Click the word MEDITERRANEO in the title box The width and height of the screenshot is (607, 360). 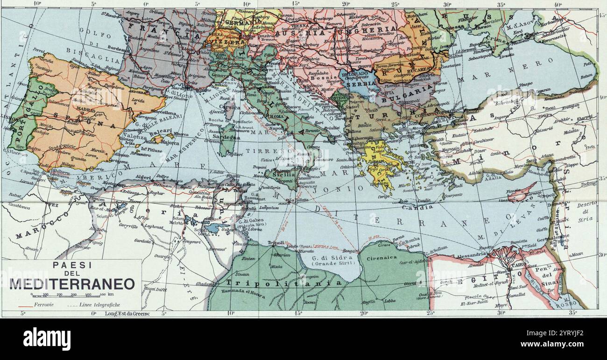[x=72, y=283]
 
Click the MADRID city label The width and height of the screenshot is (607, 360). [x=86, y=110]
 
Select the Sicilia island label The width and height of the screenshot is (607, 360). [x=279, y=172]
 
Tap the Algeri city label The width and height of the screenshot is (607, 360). [x=143, y=177]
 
